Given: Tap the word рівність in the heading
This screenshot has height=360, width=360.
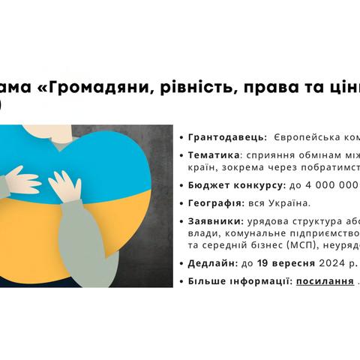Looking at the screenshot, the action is coord(196,87).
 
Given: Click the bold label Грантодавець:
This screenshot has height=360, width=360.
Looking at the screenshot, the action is coord(228,137).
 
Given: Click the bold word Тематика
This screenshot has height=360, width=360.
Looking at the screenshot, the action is coord(214,155).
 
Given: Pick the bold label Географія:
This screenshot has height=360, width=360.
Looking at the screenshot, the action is coord(216,203).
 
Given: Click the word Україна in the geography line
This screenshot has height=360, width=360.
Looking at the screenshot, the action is coord(289,203).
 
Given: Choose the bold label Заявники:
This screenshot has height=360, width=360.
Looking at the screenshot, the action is coord(216,221).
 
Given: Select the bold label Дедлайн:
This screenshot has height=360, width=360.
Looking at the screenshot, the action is coord(213,263).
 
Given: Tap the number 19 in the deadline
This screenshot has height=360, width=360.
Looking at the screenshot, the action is coord(263,263).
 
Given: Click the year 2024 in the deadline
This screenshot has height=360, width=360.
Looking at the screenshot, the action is coord(331,263).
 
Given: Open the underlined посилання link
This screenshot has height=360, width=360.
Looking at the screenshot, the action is coord(325,281).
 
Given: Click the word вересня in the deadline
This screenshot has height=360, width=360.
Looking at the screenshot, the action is coord(293,263).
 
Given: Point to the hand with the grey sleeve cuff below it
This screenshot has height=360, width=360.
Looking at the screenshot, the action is coord(65,186).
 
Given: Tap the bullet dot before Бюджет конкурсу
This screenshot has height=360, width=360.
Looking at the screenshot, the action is coord(181,185).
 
